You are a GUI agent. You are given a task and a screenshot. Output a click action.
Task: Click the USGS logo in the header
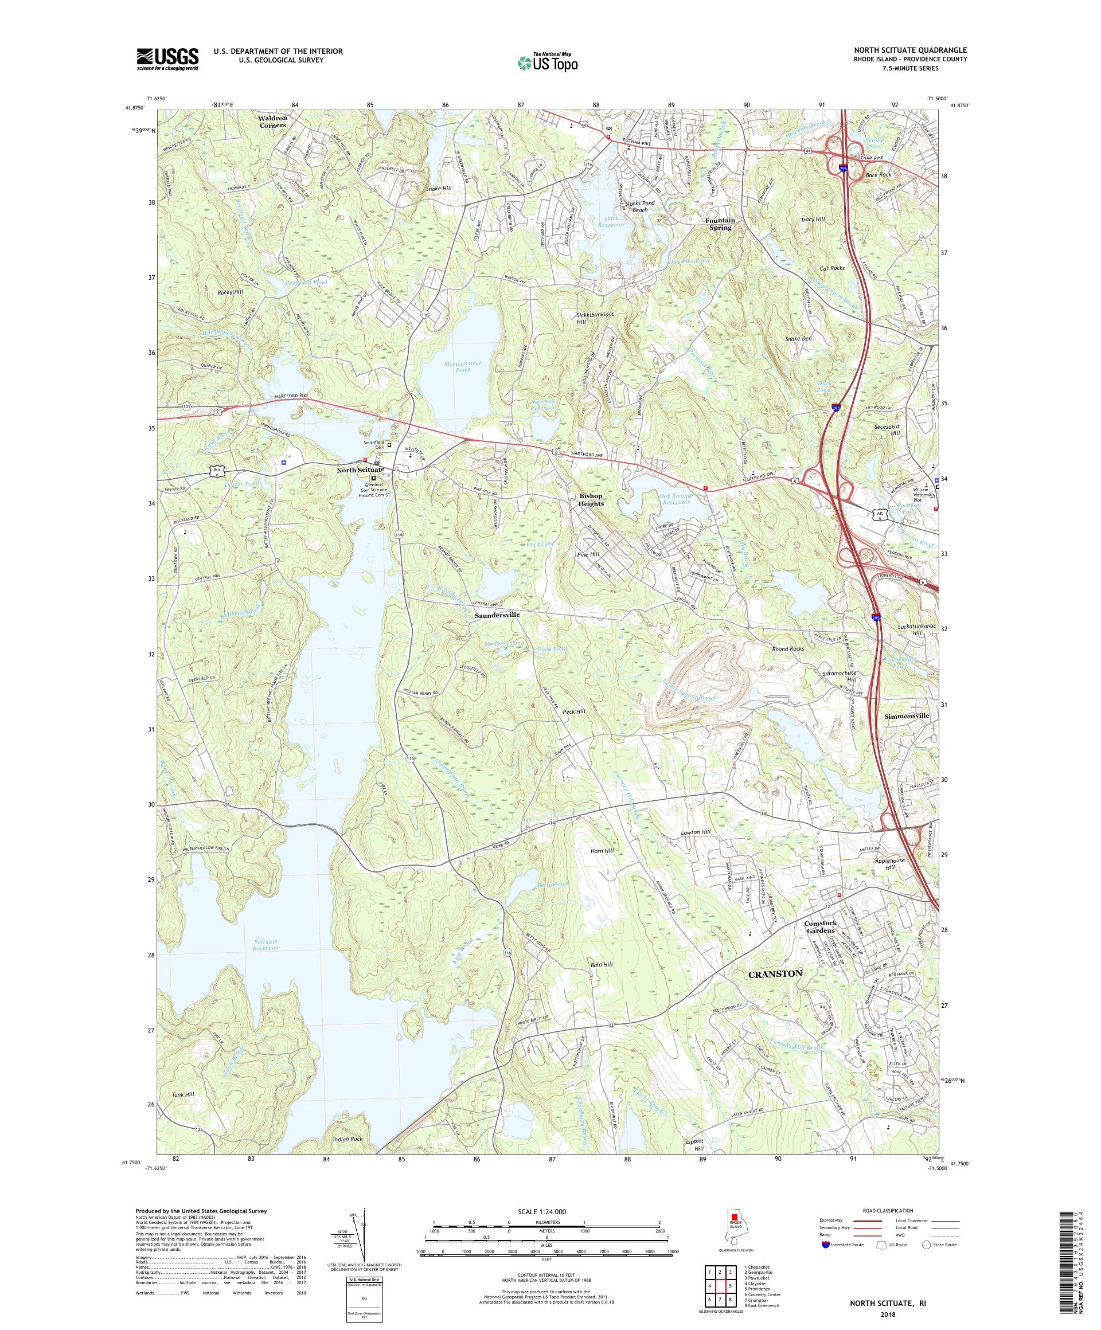[168, 60]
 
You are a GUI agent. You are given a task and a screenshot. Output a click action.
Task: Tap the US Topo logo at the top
[548, 61]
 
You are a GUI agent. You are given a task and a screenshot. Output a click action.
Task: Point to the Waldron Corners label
[272, 122]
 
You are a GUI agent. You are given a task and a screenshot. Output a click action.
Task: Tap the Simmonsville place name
[906, 715]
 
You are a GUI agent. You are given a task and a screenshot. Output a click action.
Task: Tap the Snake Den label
[798, 339]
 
